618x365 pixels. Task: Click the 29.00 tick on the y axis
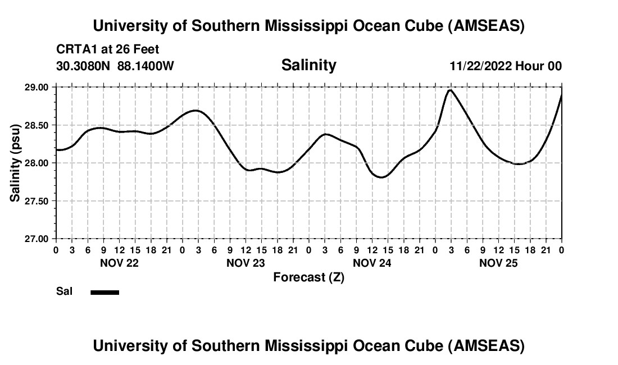[37, 87]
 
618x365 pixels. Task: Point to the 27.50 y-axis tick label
[37, 200]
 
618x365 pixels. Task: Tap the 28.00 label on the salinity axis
[37, 163]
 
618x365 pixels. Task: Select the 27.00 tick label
[37, 239]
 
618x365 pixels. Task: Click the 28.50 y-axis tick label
[37, 125]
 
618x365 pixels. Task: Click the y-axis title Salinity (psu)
[15, 163]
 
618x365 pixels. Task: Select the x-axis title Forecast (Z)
[308, 277]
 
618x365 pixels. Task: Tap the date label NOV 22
[119, 263]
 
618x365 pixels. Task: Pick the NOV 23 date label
[246, 263]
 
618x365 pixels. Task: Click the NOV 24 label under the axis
[372, 263]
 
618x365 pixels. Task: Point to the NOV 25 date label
[498, 263]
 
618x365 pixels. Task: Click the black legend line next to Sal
[105, 292]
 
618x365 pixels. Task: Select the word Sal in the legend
[64, 291]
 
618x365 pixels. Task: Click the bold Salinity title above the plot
[308, 65]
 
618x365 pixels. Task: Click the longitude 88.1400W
[146, 66]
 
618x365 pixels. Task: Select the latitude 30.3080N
[84, 66]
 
